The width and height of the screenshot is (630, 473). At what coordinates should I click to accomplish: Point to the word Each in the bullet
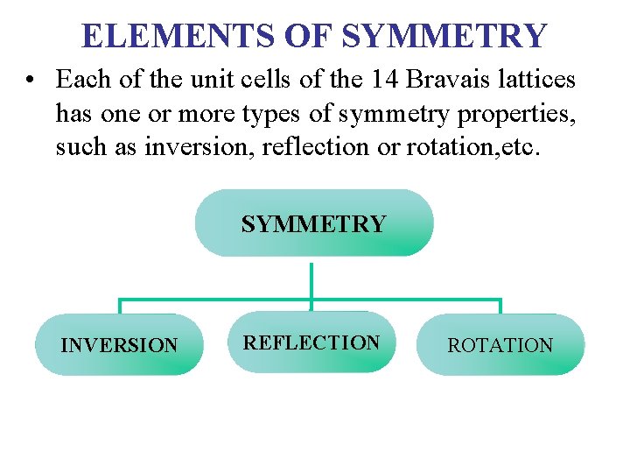(x=79, y=80)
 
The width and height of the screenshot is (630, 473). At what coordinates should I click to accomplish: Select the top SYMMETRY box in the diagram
(x=313, y=223)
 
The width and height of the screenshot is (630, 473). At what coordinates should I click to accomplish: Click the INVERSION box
(x=119, y=345)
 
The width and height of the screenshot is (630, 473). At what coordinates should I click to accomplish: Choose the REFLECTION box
(x=311, y=342)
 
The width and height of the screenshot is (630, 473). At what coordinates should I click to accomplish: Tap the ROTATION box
(x=500, y=345)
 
